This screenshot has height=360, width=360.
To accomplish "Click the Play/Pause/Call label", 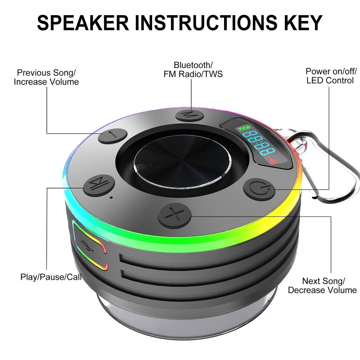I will click(51, 277).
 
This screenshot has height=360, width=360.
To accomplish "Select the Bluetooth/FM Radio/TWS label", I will click(193, 69).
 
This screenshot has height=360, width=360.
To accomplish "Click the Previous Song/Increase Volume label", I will click(46, 77).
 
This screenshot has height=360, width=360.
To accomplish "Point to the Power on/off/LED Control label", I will click(330, 76).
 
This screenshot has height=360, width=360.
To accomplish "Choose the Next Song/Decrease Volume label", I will click(322, 285).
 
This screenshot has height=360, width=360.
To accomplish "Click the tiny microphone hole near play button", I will click(111, 198).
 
